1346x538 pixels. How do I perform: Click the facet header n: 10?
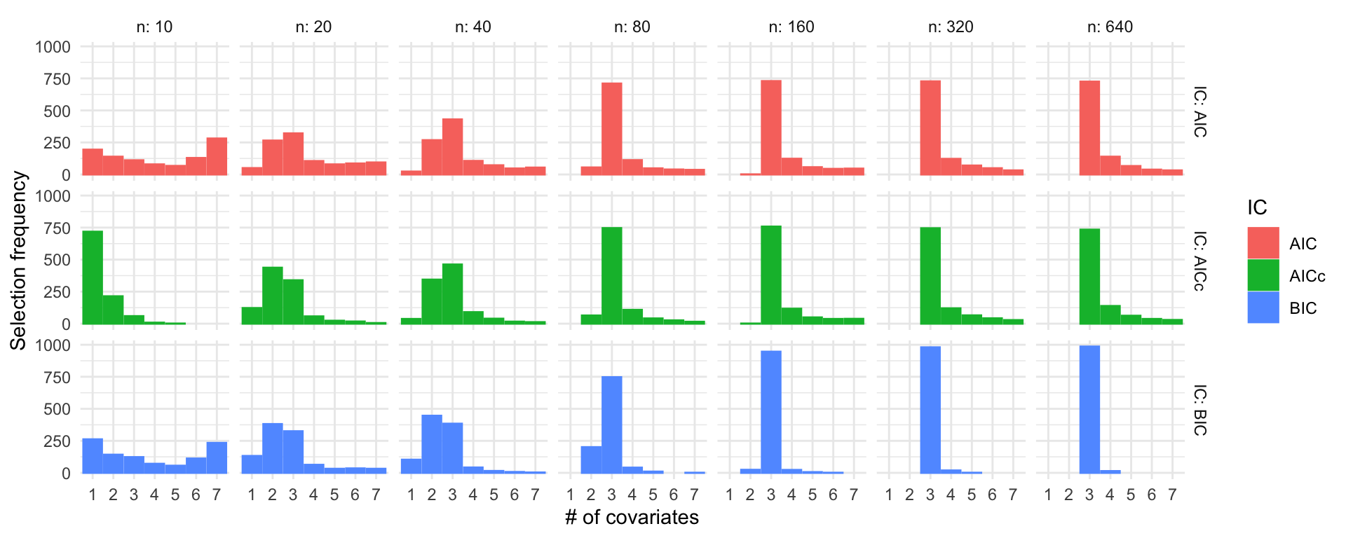pos(154,27)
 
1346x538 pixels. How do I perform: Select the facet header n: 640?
pos(1110,27)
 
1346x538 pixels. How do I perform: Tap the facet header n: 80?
pos(632,27)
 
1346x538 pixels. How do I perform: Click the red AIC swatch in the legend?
pos(1263,243)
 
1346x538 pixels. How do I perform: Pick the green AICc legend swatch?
pos(1263,275)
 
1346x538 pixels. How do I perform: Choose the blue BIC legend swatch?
pos(1263,308)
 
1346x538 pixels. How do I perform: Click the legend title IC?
pos(1257,207)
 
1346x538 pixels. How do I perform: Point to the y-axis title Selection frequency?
pos(18,260)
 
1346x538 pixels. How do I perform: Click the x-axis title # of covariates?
pos(632,517)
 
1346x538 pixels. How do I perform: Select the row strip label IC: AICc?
pos(1199,261)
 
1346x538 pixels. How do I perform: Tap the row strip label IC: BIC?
pos(1199,410)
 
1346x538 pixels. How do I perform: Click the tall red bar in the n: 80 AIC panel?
pos(612,129)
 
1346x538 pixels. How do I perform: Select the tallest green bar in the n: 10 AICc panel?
pos(93,277)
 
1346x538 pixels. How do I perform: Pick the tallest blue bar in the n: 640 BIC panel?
pos(1089,409)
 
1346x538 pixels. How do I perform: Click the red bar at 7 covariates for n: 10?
pos(217,156)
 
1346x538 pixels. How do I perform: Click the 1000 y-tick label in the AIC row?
pos(53,47)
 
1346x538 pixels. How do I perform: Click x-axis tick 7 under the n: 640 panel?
pos(1172,495)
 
